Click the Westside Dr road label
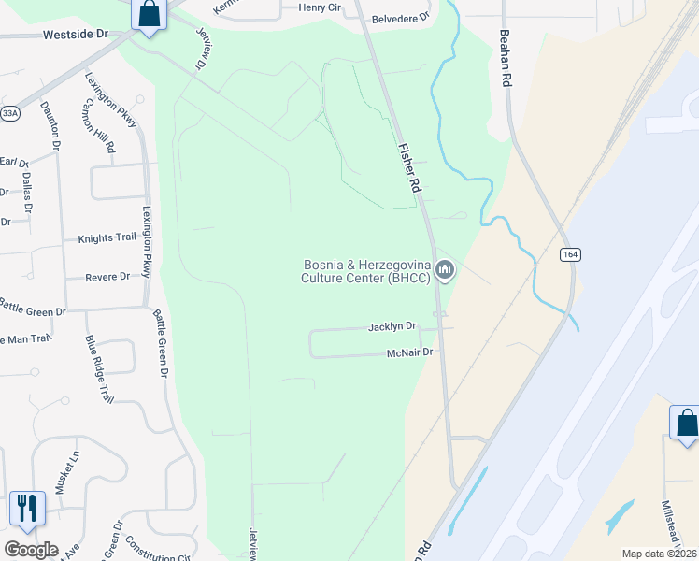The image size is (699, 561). click(77, 34)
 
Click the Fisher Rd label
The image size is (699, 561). click(407, 167)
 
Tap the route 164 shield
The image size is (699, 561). click(570, 254)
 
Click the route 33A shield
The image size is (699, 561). click(9, 113)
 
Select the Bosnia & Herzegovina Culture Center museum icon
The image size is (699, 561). click(445, 270)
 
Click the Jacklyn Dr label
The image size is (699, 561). click(392, 327)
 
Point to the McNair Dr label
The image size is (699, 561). click(411, 352)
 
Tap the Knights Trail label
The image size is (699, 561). click(107, 237)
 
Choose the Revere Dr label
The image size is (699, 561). click(107, 277)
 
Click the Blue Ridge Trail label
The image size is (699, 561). click(99, 368)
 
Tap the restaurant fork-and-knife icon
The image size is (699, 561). click(26, 509)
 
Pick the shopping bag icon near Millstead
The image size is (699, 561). click(686, 423)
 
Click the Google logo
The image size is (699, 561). click(31, 550)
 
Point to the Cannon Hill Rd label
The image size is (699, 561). click(98, 126)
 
